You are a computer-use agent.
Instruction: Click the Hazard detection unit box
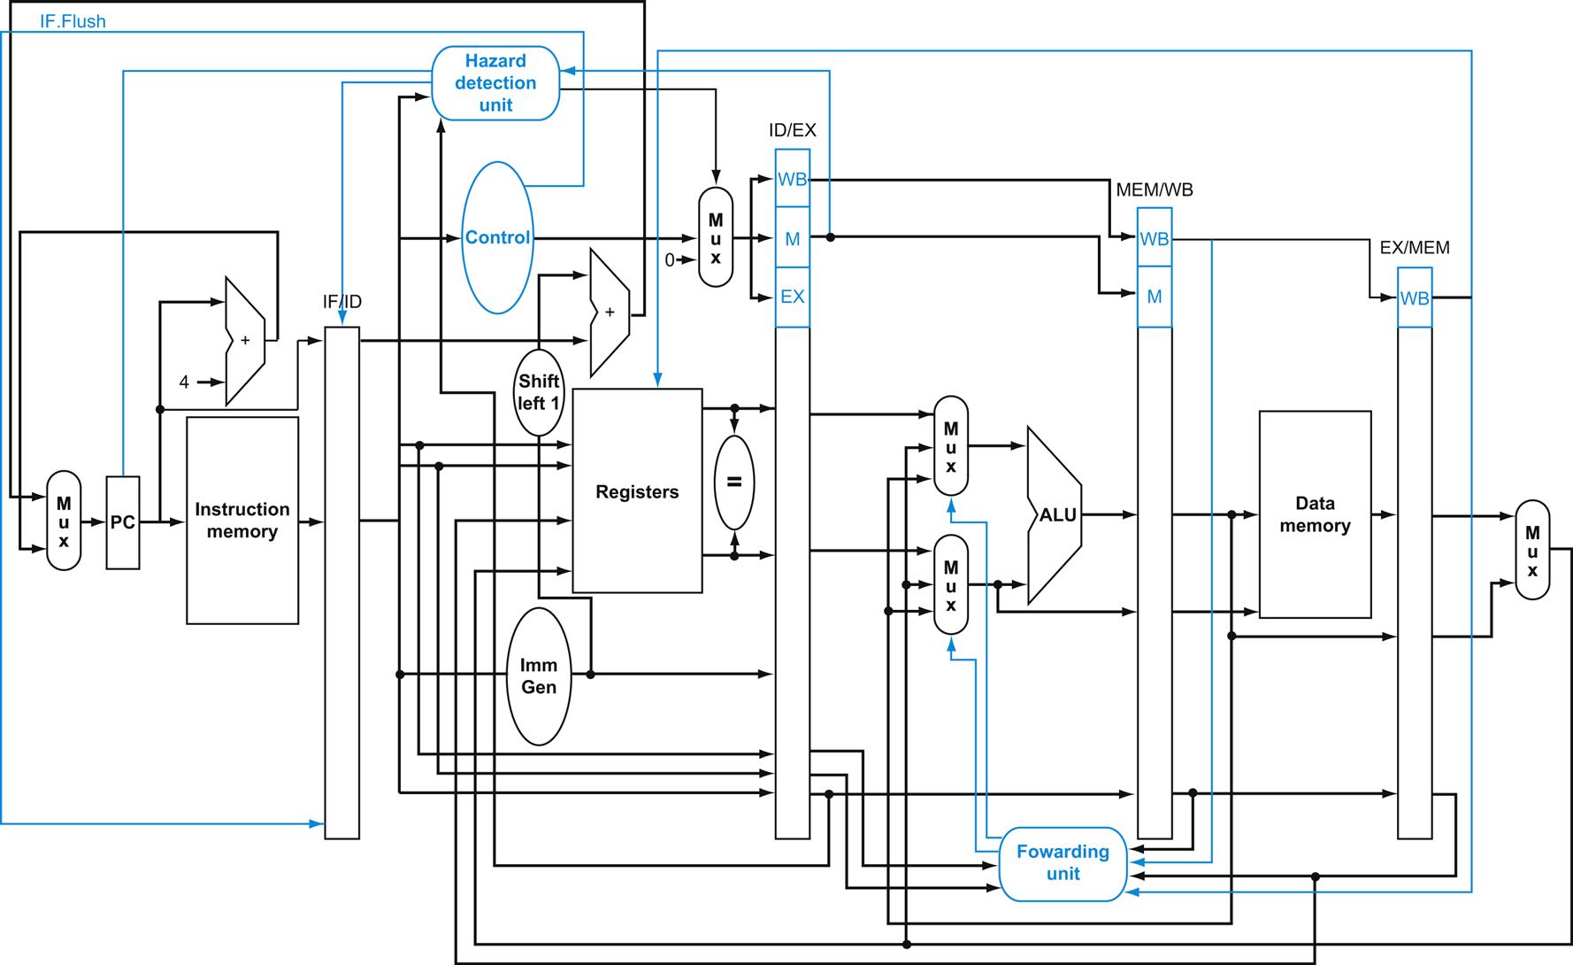495,83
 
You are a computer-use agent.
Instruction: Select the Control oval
498,237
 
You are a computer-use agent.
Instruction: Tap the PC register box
123,522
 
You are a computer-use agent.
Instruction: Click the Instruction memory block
242,521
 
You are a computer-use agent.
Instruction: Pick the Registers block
637,490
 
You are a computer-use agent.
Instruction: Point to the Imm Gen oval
539,676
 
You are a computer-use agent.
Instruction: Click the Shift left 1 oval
539,391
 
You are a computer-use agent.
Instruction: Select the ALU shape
1055,515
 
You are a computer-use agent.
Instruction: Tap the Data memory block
1315,514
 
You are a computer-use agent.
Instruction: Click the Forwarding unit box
1063,863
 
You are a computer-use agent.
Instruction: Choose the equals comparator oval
733,482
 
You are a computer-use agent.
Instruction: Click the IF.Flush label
73,21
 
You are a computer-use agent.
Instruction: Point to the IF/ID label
342,302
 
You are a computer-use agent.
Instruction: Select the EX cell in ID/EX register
793,297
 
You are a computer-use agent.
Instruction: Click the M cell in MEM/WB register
1155,297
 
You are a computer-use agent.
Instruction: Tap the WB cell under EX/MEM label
1415,298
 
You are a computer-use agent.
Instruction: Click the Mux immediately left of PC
64,521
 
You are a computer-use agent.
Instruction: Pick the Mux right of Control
716,237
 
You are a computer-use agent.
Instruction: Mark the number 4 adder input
184,382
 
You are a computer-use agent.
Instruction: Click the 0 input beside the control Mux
670,260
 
